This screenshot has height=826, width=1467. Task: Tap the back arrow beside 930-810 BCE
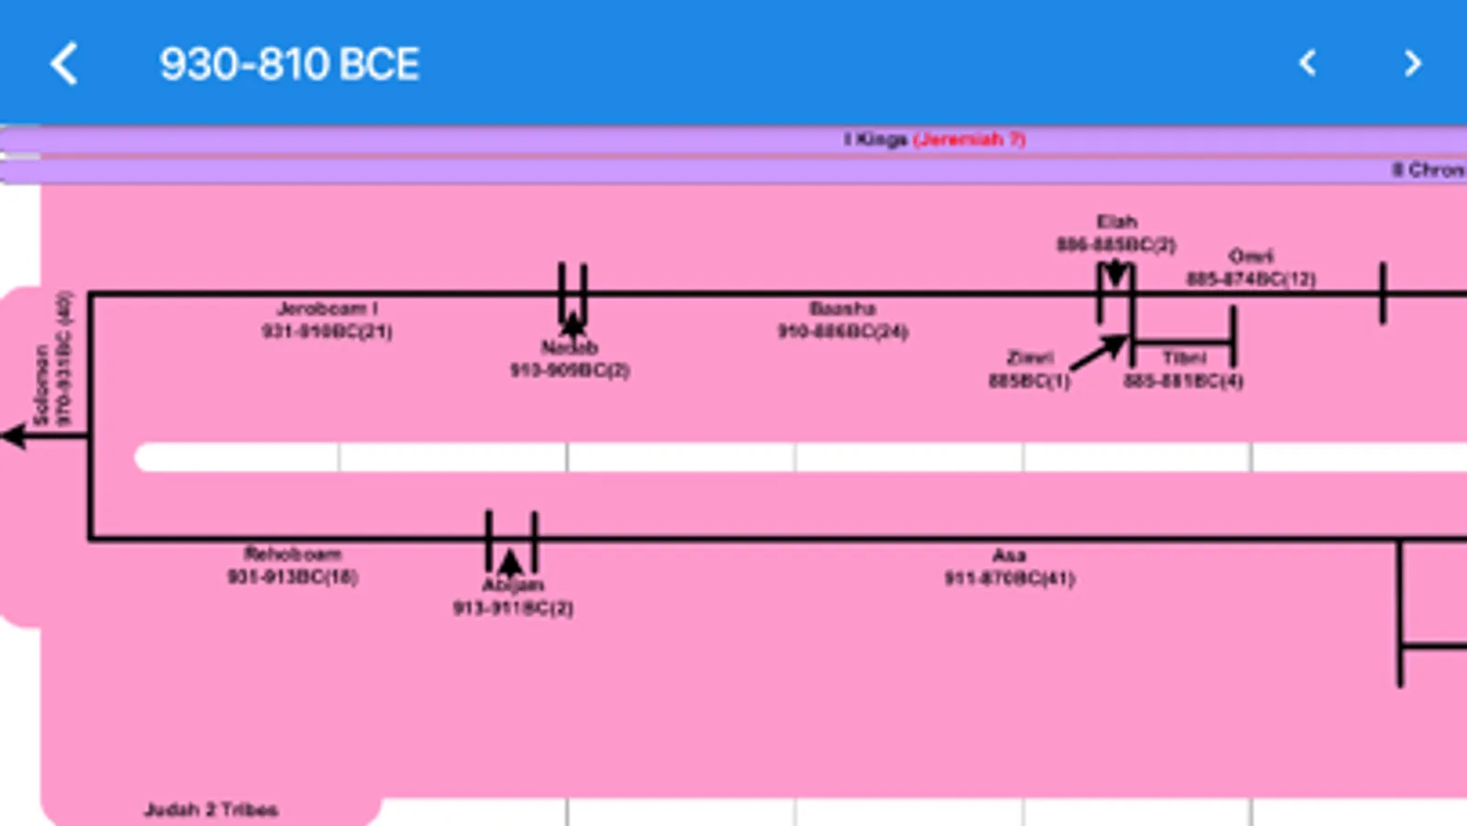pos(64,64)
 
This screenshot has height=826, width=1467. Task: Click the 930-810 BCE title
pos(289,64)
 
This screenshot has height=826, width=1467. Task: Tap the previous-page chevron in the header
pos(1308,62)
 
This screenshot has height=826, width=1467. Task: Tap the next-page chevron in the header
pos(1412,62)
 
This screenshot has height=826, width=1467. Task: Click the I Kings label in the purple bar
pos(875,139)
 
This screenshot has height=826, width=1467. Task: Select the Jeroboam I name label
pos(327,308)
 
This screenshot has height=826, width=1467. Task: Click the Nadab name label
pos(570,348)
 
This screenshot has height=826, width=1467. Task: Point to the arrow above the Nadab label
pos(572,324)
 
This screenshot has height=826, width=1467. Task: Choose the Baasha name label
pos(842,308)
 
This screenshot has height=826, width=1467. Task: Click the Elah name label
pos(1117,222)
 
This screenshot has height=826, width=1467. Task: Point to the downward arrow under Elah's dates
pos(1116,273)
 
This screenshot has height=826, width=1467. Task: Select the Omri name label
pos(1250,256)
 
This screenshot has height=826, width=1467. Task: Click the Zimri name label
pos(1029,357)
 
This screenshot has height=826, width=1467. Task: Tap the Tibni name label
pos(1184,357)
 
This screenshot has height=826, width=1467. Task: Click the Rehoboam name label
pos(293,553)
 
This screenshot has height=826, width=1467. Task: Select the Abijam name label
pos(513,585)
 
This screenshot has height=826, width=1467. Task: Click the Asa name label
pos(1008,555)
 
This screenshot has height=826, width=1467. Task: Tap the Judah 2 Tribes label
pos(211,809)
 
